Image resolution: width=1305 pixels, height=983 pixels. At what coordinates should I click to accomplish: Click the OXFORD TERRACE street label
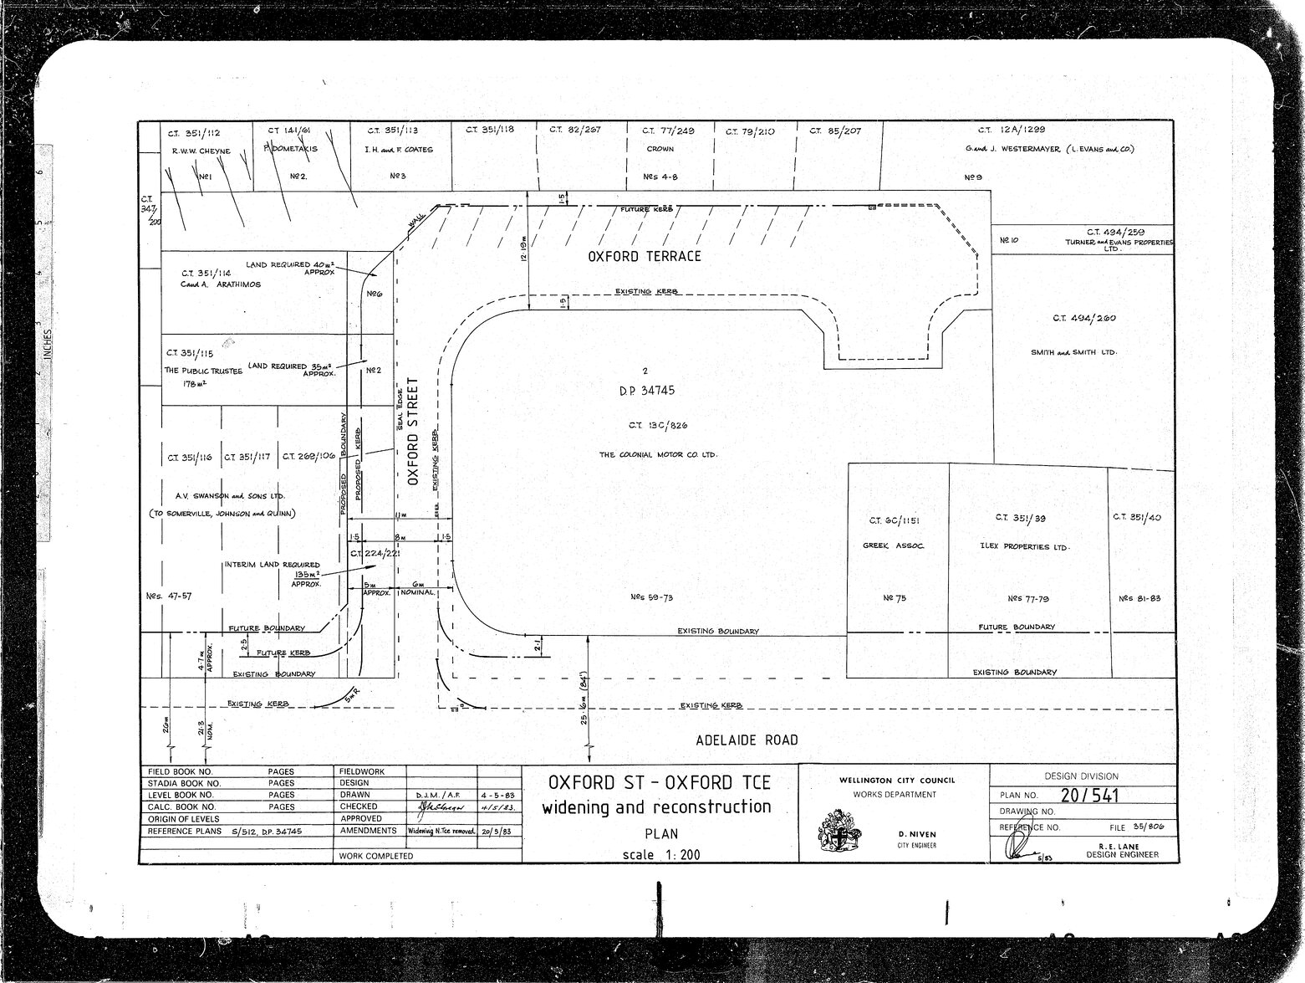tap(645, 256)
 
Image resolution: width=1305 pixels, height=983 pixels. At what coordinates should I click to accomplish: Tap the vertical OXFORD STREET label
tap(413, 432)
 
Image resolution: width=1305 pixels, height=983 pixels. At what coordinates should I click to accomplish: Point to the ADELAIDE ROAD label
tap(747, 740)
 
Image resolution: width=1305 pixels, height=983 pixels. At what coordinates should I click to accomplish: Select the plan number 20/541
tap(1089, 796)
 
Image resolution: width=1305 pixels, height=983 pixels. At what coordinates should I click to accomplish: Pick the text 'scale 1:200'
tap(660, 855)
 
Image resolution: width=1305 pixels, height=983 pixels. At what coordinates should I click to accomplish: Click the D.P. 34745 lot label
tap(647, 391)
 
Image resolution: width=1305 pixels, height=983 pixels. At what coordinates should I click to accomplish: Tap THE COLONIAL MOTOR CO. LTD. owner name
tap(658, 454)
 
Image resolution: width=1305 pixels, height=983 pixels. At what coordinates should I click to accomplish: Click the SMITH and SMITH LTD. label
tap(1073, 352)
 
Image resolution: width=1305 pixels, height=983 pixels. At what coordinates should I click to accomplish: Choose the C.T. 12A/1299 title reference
tap(1011, 130)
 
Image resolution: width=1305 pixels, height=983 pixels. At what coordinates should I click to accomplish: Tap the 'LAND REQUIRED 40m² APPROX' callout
tap(290, 268)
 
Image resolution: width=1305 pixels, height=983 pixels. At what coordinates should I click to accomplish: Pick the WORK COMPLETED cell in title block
tap(376, 856)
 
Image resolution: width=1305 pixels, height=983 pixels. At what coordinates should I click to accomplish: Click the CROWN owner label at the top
tap(660, 149)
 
